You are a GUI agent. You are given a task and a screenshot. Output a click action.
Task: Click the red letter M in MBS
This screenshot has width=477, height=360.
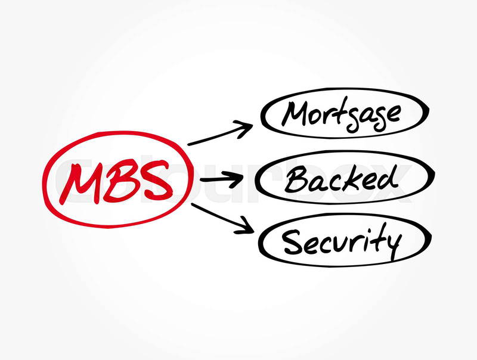point(80,184)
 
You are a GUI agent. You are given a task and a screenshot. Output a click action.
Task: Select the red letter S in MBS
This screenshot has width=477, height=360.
point(153,179)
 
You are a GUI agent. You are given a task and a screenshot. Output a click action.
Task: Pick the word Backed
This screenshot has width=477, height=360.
point(341,179)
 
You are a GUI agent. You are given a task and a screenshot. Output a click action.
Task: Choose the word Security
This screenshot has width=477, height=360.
point(342,241)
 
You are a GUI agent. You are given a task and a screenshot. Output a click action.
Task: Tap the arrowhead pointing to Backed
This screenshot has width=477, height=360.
point(234,179)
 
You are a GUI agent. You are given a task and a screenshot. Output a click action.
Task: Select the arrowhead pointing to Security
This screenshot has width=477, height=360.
point(245,226)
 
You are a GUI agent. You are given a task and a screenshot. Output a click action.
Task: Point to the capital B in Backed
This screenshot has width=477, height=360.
point(296,179)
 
